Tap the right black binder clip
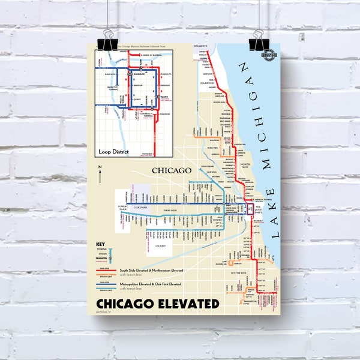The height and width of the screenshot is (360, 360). pyautogui.click(x=260, y=40)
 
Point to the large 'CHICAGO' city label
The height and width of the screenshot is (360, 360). pyautogui.click(x=171, y=171)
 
